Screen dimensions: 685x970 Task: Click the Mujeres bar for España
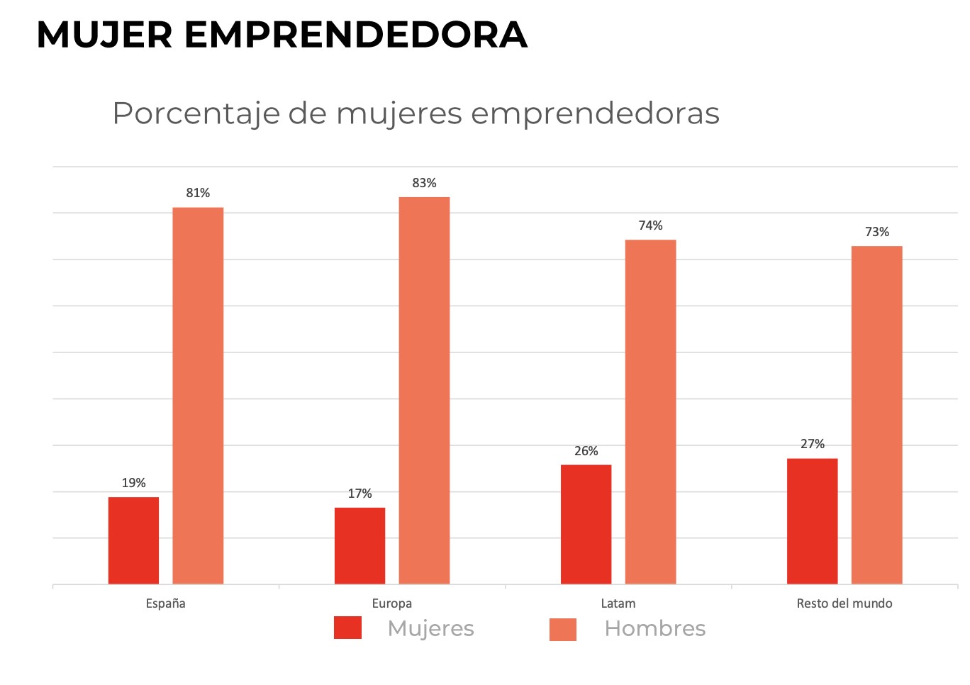coord(133,540)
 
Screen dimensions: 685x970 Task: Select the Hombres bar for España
coord(198,396)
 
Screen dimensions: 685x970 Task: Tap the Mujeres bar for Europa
coord(359,545)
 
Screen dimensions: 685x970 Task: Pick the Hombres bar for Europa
coord(424,391)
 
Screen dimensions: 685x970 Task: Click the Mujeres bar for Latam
coord(586,524)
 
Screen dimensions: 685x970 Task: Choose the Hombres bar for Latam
coord(650,412)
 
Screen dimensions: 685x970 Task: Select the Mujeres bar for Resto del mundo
coord(812,521)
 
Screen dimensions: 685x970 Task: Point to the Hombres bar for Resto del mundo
coord(876,415)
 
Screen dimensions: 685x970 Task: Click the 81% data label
coord(198,193)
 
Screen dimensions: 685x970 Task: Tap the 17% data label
coord(359,494)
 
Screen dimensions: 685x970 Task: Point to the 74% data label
coord(650,225)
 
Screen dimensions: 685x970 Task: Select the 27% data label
coord(812,444)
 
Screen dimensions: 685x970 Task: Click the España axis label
coord(165,603)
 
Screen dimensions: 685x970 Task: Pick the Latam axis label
coord(618,603)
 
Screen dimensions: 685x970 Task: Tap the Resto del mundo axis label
coord(844,603)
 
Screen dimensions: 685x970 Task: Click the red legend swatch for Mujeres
coord(347,628)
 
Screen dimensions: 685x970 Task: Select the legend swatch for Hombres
coord(563,629)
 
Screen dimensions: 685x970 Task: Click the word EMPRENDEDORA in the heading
coord(356,35)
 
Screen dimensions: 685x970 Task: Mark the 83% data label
coord(424,183)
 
